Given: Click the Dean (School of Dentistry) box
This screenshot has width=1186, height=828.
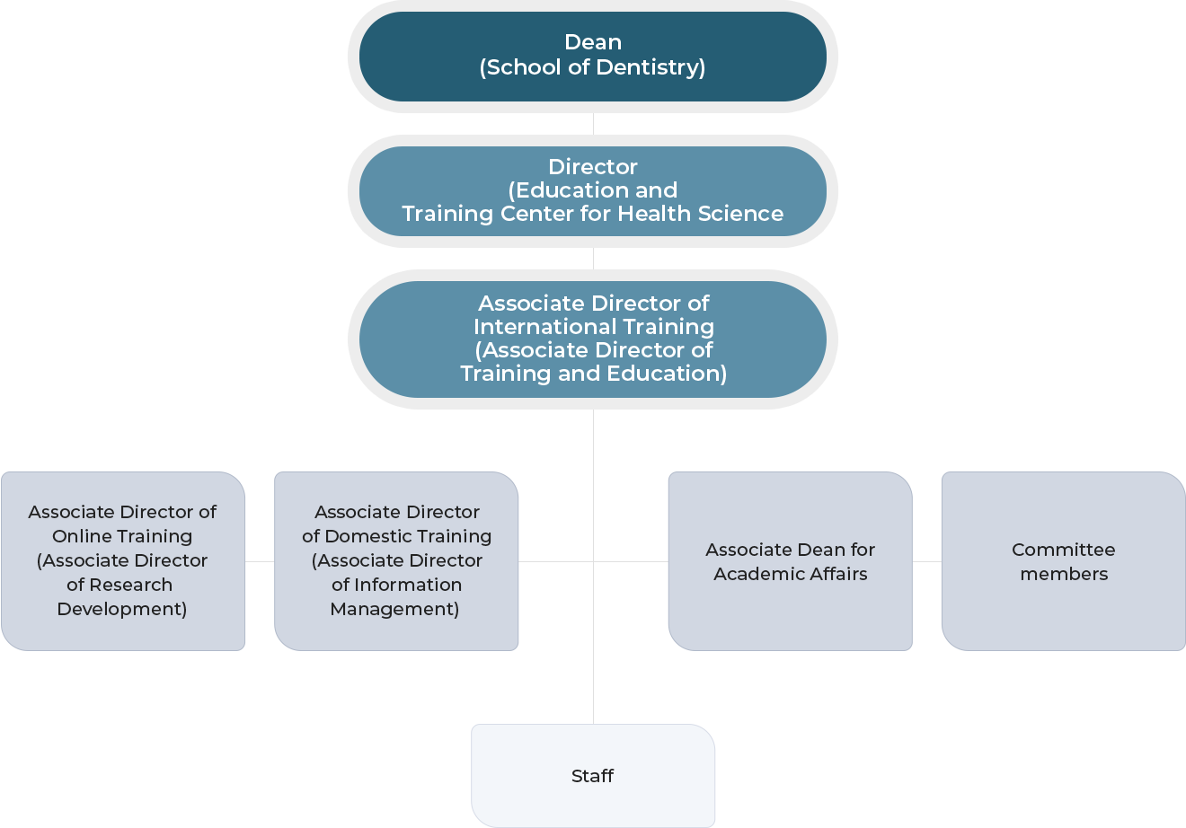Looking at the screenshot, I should (593, 56).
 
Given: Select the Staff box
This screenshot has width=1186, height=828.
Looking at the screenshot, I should (593, 776).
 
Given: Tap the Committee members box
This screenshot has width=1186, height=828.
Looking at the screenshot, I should (1064, 561).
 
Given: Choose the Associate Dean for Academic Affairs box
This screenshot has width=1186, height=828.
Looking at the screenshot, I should (791, 561).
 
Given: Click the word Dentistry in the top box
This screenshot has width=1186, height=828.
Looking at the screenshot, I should (651, 67).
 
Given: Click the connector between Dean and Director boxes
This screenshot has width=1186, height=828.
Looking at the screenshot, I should (593, 124).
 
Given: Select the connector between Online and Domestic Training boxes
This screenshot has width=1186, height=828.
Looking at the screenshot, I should (260, 561).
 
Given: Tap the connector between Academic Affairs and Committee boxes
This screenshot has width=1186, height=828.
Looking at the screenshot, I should (926, 561).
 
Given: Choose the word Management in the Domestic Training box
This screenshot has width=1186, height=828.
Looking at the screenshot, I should (394, 609).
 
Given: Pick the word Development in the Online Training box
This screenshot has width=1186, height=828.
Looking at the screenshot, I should (121, 609).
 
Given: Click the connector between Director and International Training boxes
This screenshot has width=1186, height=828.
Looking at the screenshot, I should (593, 259).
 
